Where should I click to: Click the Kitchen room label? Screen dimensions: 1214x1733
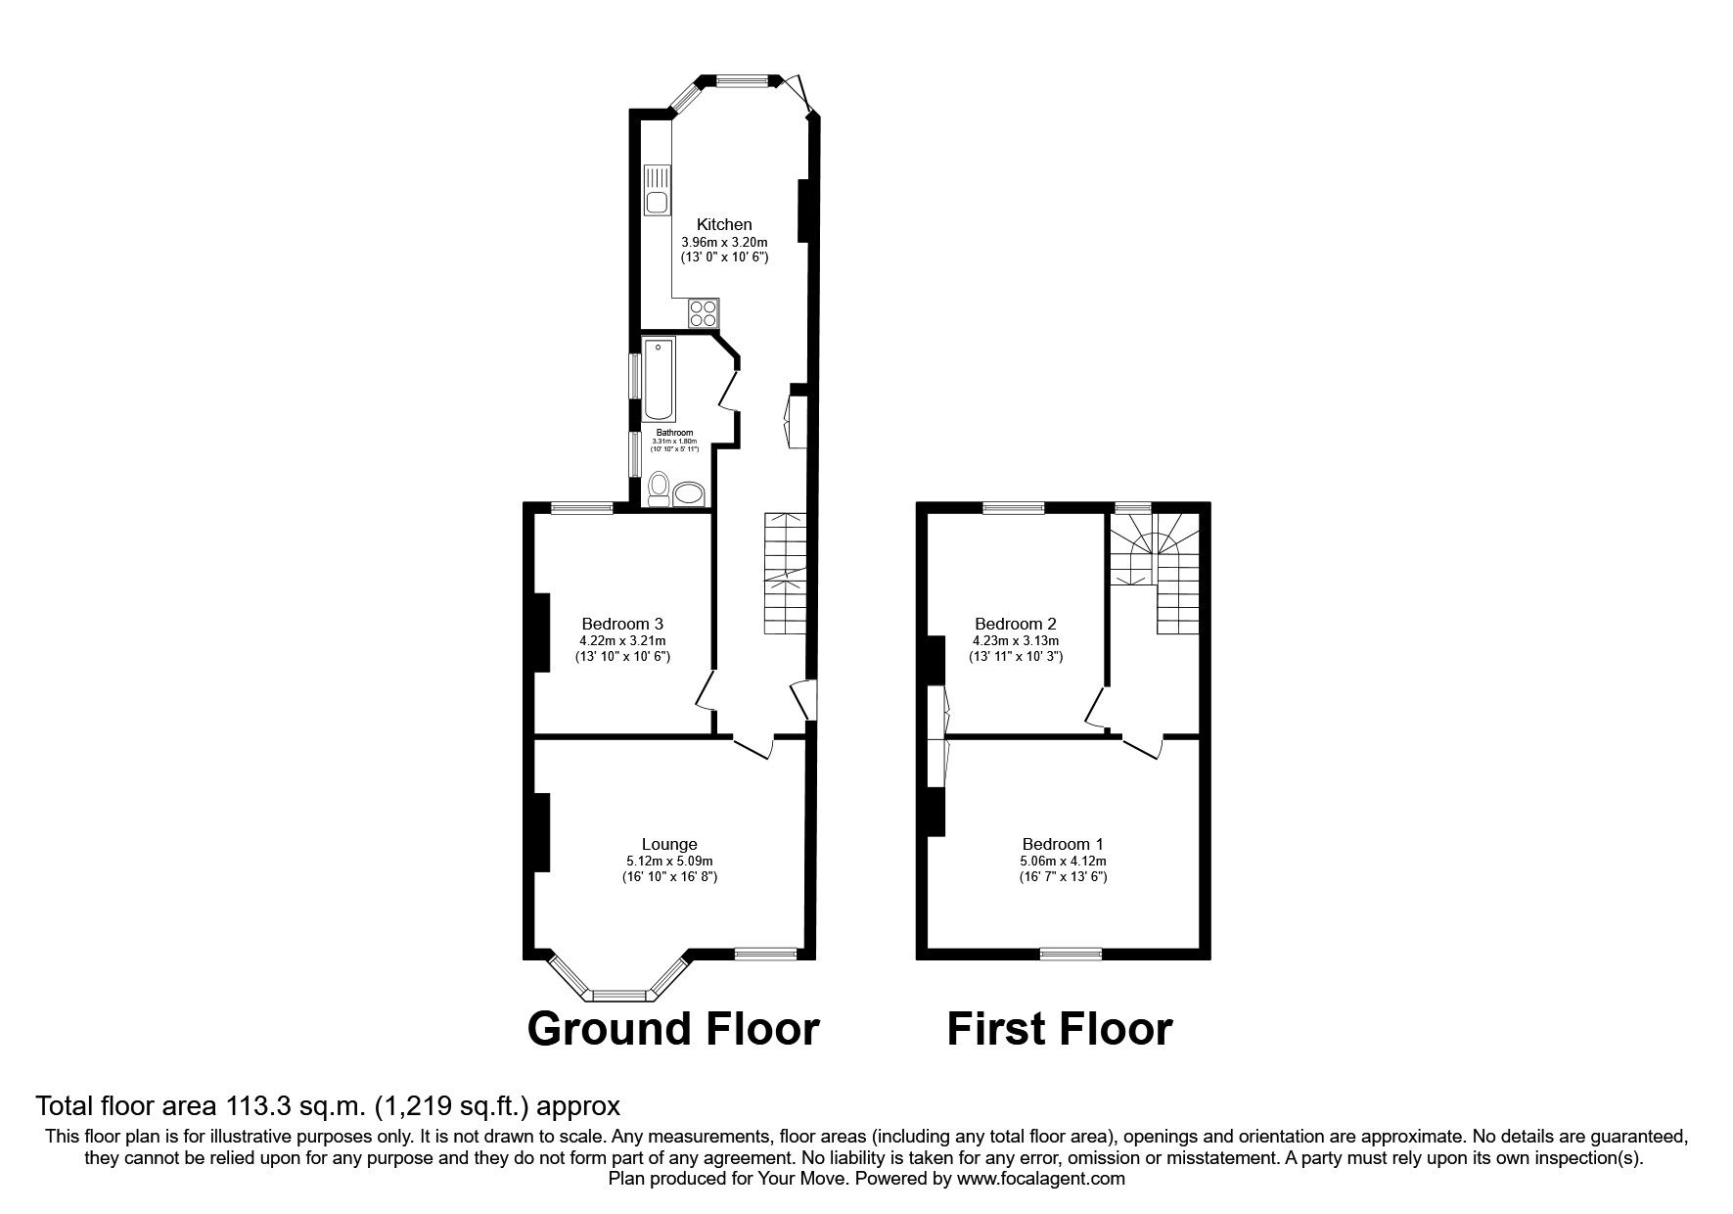724,225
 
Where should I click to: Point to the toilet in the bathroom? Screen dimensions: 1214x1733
660,488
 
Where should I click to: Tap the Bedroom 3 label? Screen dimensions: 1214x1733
622,624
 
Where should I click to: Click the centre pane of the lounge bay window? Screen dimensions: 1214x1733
620,996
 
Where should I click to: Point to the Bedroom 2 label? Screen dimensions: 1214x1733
1016,624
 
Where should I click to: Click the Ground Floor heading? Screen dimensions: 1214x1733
673,1029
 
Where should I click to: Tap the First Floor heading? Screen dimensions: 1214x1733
1059,1029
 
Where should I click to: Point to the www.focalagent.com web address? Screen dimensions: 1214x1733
1041,1179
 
